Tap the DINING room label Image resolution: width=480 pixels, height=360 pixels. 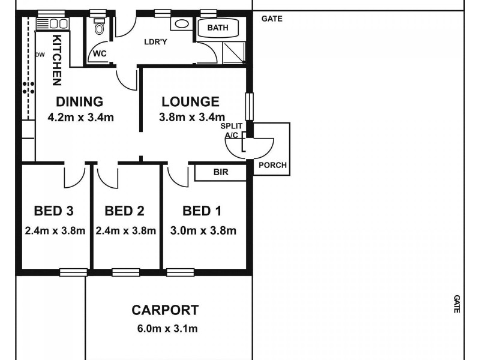click(80, 101)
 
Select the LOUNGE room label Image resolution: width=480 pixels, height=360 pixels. click(189, 101)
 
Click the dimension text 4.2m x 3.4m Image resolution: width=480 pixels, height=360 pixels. click(80, 118)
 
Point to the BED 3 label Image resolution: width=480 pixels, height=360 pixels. click(53, 211)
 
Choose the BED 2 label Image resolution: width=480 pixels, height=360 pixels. click(124, 211)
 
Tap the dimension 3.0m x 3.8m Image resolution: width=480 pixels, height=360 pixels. click(203, 230)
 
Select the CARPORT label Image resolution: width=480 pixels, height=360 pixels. click(165, 310)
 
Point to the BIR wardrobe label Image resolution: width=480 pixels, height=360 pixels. click(221, 172)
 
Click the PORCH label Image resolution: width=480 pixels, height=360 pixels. click(272, 166)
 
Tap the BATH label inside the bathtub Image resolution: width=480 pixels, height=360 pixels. click(217, 28)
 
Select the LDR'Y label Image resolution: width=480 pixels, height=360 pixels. click(155, 42)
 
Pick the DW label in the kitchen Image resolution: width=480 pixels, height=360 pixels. click(40, 55)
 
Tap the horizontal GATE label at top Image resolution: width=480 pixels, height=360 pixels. click(272, 19)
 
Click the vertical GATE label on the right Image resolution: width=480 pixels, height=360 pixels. click(457, 304)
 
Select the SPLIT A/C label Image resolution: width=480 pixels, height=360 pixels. click(231, 131)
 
